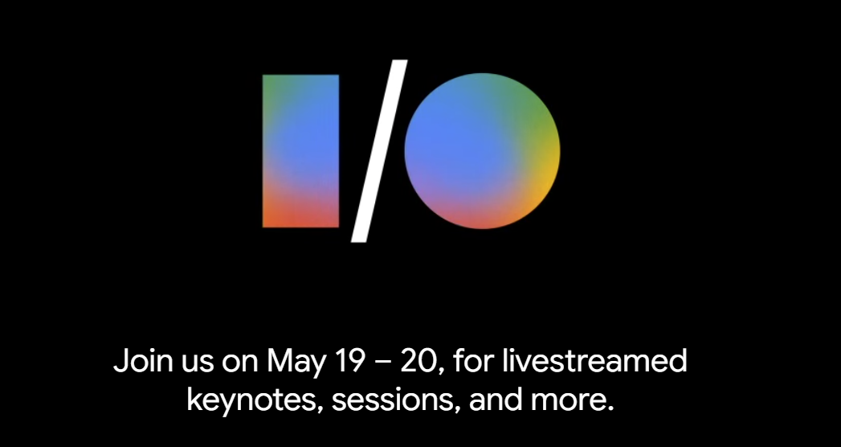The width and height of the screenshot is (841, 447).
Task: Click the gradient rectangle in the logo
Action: (300, 150)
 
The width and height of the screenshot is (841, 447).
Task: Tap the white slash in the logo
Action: (377, 151)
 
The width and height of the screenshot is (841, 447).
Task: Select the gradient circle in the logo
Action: (482, 150)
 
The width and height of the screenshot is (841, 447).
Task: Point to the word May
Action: (294, 362)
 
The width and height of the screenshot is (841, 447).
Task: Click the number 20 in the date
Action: (419, 361)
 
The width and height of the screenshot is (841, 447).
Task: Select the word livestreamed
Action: (594, 361)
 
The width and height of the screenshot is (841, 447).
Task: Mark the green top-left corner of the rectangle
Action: (269, 81)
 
